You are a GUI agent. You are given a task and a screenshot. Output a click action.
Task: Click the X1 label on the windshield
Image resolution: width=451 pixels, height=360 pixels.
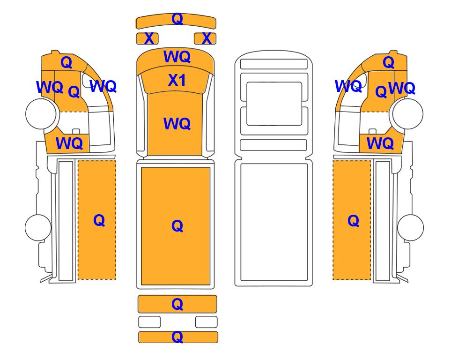coord(177,80)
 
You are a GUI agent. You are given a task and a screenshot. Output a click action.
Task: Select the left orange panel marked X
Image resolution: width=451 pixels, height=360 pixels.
coord(147,38)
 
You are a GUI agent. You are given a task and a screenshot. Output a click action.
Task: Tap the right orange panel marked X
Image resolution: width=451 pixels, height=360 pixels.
coord(205,38)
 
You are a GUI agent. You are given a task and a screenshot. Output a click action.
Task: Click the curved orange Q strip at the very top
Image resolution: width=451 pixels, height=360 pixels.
coord(176,21)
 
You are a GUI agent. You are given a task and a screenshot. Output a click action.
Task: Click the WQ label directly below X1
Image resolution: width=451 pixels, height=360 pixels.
coord(177,124)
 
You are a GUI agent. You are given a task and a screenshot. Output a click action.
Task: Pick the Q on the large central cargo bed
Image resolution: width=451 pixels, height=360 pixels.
coord(177,226)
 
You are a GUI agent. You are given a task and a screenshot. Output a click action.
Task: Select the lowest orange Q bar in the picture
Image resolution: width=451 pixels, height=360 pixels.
coord(178,337)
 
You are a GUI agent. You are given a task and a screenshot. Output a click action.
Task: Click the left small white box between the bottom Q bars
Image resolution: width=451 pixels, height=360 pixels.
coord(149,322)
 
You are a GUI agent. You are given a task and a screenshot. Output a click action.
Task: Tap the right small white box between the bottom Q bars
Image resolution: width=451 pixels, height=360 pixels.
coord(206,322)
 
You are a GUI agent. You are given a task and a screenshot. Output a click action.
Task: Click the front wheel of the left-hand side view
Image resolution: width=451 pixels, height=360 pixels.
coord(41,113)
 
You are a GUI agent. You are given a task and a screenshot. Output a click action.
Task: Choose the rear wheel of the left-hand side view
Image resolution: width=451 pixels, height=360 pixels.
coord(38,227)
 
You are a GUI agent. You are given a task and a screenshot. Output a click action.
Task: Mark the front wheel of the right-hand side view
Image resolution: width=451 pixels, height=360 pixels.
coord(408,113)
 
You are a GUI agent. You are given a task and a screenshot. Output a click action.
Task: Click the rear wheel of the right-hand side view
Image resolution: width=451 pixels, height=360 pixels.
coord(410,227)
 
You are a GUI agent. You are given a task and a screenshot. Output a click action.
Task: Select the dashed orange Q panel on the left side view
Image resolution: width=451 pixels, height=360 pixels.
coord(97,220)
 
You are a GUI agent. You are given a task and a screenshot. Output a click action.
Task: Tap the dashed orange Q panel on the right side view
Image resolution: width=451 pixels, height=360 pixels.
coord(352,220)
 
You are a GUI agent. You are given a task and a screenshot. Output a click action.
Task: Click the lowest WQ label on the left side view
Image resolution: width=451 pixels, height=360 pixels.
coord(69,143)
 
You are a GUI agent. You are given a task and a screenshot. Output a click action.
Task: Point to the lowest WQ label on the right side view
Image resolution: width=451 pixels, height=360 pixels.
coord(380,143)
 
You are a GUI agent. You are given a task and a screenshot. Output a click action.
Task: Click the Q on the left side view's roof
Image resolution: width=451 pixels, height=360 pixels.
coord(67,62)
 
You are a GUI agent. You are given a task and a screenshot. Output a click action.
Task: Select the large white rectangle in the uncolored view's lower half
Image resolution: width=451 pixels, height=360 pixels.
coord(274,222)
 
